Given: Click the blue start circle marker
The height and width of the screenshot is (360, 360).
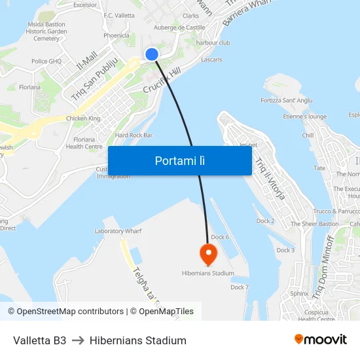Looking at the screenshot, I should click(152, 54).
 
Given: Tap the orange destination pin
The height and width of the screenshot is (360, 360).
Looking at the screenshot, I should click(208, 254).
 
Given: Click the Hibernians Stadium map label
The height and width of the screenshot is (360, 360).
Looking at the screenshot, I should click(207, 273).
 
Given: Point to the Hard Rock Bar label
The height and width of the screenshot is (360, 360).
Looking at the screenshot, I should click(134, 135).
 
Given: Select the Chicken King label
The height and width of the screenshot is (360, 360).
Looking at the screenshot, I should click(83, 118).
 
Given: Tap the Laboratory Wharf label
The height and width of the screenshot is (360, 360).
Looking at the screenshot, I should click(118, 231).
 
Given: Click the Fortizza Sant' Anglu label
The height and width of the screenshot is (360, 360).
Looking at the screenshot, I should click(284, 101).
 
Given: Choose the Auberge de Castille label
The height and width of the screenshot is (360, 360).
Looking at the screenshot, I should click(179, 27).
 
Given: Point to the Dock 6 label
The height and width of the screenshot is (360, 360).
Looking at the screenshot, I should click(220, 237).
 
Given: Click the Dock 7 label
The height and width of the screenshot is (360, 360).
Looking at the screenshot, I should click(239, 287).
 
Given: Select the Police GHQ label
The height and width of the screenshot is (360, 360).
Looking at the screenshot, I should click(46, 62).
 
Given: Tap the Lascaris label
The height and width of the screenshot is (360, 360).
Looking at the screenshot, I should click(211, 60).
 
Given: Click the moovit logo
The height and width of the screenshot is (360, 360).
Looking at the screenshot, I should click(320, 340).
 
